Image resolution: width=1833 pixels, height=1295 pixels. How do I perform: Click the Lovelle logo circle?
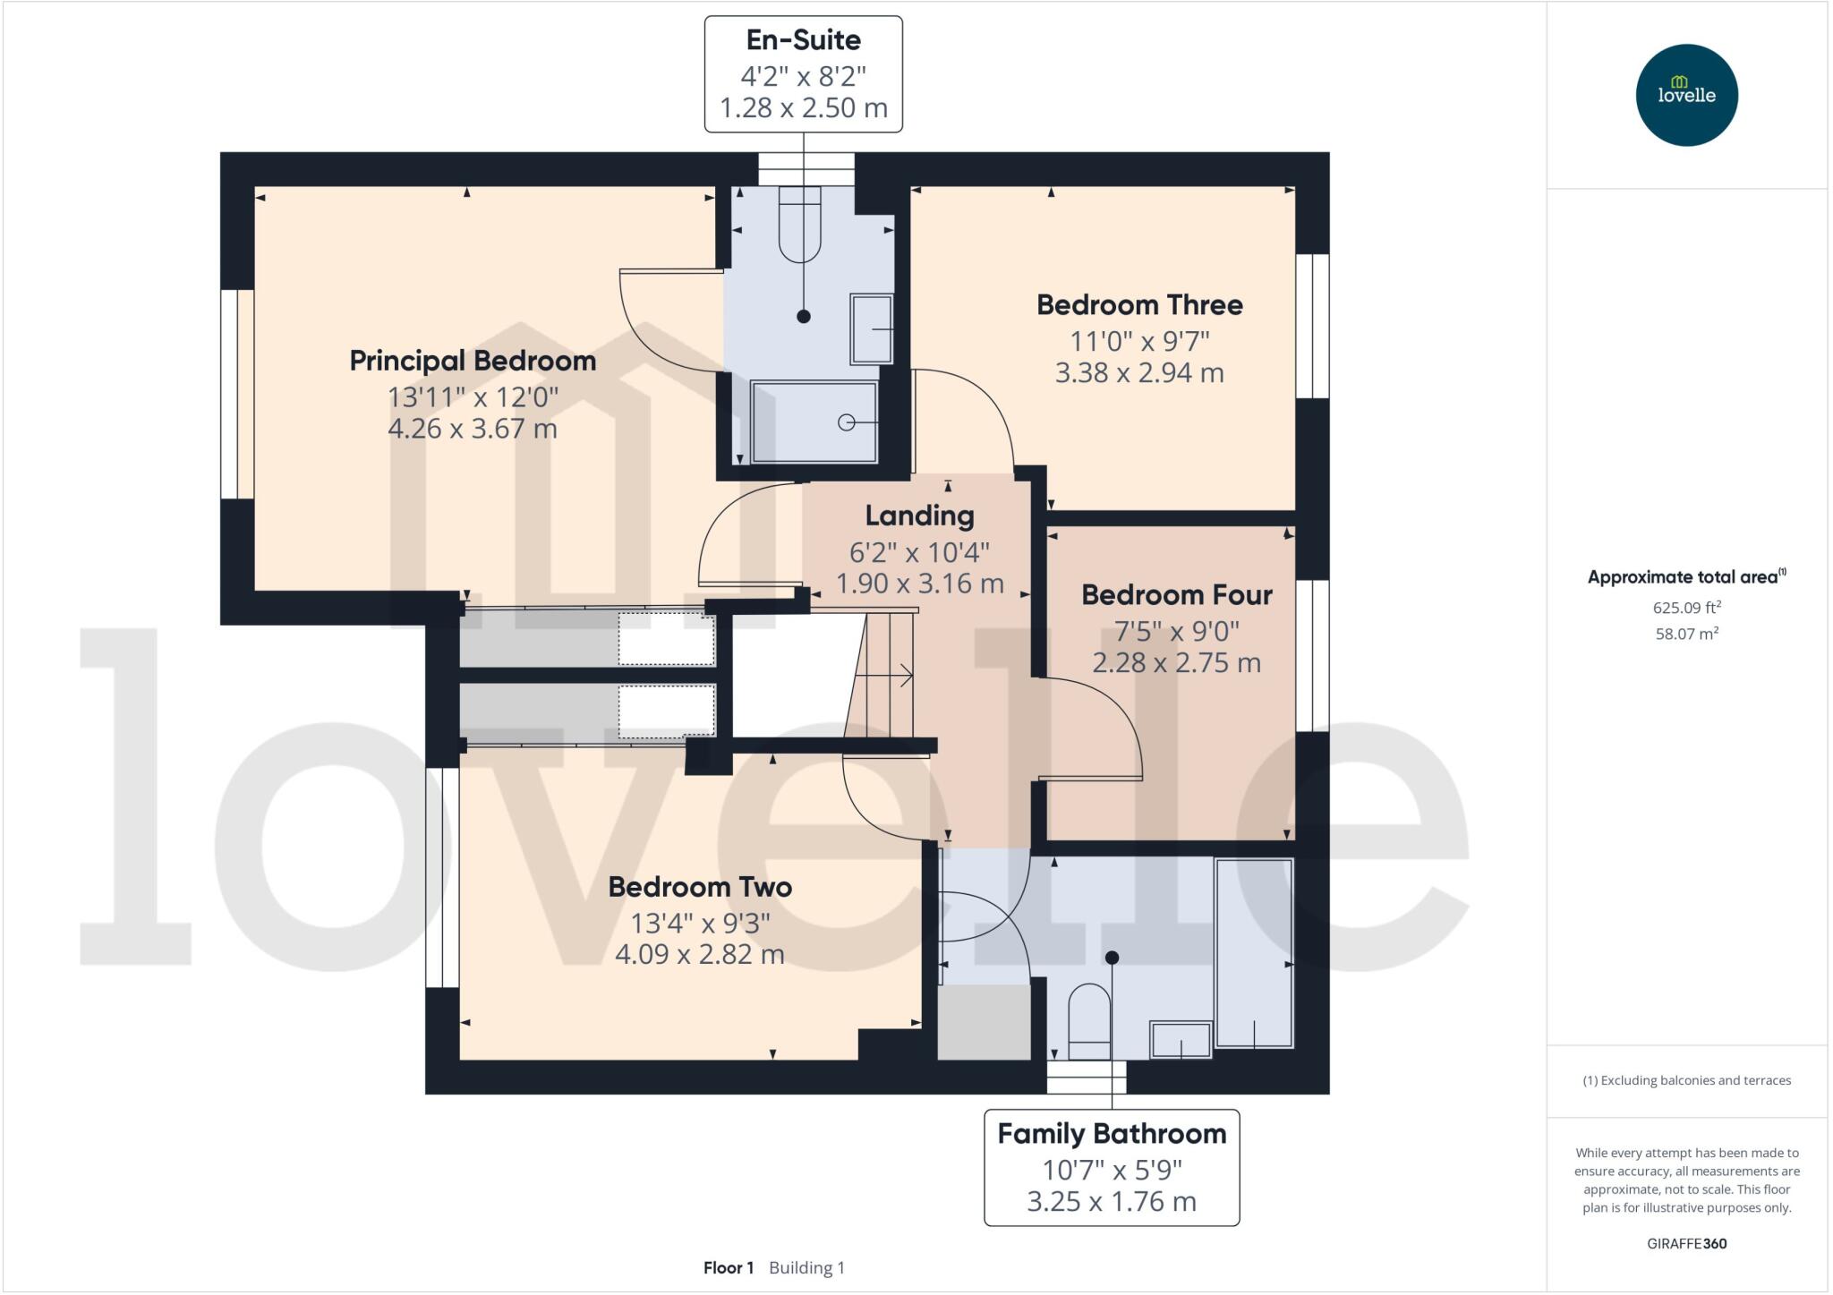tap(1686, 95)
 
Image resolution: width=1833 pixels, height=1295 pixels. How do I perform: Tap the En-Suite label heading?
tap(803, 40)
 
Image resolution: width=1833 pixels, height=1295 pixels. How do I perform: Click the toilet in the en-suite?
tap(799, 224)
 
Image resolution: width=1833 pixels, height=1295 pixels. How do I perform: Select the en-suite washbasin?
tap(871, 328)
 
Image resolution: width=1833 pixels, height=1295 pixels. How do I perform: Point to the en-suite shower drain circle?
tap(846, 422)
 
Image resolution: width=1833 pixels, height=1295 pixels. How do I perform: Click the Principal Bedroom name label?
tap(473, 361)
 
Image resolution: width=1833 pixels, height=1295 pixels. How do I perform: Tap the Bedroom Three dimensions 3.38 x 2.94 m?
tap(1138, 373)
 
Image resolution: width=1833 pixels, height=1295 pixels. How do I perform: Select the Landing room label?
tap(919, 515)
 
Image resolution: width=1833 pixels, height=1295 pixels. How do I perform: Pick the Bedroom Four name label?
tap(1176, 594)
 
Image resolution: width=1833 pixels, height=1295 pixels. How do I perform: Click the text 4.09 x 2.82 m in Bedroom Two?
tap(699, 955)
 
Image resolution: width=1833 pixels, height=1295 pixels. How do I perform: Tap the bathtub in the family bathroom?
tap(1254, 952)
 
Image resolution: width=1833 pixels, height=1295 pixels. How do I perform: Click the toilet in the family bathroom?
tap(1089, 1022)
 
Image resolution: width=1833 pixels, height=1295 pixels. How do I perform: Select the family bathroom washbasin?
tap(1181, 1040)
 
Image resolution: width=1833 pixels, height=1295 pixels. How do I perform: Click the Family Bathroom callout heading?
tap(1111, 1134)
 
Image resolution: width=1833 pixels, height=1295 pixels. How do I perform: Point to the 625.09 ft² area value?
tap(1686, 608)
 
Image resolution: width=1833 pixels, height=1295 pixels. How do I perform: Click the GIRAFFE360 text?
tap(1686, 1243)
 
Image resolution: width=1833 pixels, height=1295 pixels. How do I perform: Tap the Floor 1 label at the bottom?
tap(728, 1267)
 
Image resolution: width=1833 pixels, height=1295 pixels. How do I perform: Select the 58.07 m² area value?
tap(1686, 634)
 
